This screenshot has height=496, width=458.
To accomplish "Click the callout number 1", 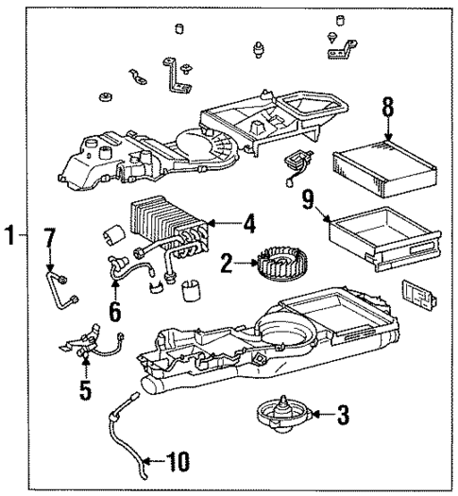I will (x=9, y=237).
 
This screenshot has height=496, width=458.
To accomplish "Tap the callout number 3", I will (x=343, y=413).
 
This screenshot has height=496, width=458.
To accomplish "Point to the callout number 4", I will (x=248, y=226).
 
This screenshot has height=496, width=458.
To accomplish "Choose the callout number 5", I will (x=85, y=388).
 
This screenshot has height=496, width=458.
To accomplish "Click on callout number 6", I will (x=116, y=308).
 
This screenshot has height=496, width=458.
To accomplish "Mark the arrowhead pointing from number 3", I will (x=316, y=413).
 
